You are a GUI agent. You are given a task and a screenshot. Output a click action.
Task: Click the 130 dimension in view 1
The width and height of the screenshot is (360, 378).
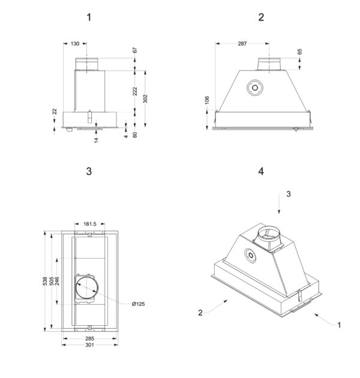(75, 44)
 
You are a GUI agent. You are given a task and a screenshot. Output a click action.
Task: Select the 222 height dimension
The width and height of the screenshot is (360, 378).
(135, 91)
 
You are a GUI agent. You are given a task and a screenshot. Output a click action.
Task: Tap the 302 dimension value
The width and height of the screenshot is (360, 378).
(145, 98)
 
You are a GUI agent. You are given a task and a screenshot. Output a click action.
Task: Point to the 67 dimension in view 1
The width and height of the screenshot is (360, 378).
(135, 50)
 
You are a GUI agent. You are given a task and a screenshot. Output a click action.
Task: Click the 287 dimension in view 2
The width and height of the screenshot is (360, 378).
(242, 44)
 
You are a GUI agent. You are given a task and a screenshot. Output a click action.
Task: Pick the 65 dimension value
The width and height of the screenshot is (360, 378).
(299, 52)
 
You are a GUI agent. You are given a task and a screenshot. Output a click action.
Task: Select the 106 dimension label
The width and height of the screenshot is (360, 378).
(207, 100)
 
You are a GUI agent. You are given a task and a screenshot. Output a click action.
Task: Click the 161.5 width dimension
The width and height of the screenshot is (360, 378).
(89, 224)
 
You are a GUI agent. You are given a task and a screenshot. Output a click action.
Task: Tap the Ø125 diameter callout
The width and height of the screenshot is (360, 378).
(139, 304)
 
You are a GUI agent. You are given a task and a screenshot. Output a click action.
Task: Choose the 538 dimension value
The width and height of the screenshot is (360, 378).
(45, 281)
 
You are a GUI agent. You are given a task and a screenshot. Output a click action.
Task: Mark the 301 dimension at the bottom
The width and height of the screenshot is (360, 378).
(89, 345)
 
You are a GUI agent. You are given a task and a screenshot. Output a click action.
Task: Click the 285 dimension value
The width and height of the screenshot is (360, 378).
(89, 338)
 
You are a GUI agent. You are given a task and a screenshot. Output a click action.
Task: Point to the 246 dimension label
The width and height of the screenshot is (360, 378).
(57, 281)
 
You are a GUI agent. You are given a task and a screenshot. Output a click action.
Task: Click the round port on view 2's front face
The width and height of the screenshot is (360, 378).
(255, 88)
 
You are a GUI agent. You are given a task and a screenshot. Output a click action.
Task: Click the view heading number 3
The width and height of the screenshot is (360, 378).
(89, 172)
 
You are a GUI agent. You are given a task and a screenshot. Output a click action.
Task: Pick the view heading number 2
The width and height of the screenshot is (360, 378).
(261, 17)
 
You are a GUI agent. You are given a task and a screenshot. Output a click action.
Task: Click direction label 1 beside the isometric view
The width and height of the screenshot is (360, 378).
(339, 325)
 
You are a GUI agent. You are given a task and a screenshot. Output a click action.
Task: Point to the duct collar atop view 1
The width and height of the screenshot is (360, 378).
(87, 64)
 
